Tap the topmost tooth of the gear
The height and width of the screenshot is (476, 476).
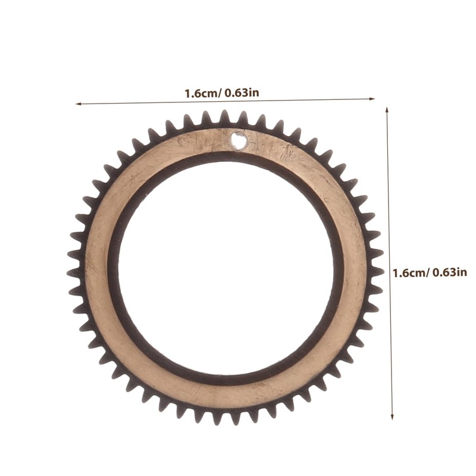pos(225,117)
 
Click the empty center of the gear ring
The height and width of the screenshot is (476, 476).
pos(226,268)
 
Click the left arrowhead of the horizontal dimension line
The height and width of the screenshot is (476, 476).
pos(79,104)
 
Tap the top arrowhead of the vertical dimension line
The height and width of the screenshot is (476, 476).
pos(387,110)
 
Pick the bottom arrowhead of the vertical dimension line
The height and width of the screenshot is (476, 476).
pos(392,416)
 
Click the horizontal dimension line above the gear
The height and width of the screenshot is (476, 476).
pos(226,101)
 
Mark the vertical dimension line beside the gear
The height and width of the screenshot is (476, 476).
pos(390,263)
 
